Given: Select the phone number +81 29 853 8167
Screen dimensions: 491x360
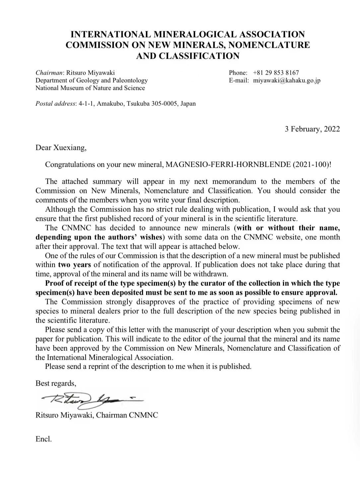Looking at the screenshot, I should (276, 73).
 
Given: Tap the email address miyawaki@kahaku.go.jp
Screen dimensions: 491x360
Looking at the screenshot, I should (287, 80).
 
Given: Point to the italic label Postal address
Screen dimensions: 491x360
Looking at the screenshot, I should (55, 103).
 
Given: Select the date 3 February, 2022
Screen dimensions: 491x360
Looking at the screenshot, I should (312, 129).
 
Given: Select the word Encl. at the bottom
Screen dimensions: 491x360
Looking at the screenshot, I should (43, 439).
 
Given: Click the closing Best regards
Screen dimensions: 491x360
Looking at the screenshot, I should (55, 383).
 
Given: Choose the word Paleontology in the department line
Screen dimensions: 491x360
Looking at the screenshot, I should (130, 80).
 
